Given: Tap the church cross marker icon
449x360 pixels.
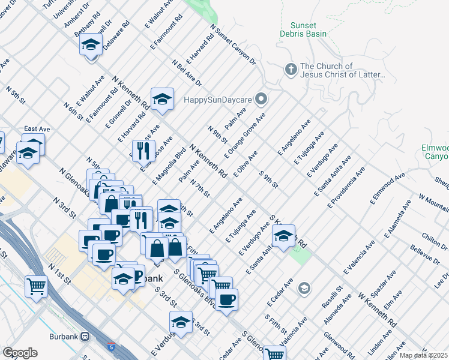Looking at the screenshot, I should coord(291,70).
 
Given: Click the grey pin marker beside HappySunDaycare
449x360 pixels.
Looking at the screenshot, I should coord(261,98).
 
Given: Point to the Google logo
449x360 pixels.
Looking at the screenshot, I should coord(20,352).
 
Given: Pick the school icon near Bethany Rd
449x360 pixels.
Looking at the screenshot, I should coord(91,45).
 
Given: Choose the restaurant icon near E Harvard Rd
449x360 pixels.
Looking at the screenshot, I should coord(143,151).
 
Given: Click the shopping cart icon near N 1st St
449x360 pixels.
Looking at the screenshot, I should coord(37,286).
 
